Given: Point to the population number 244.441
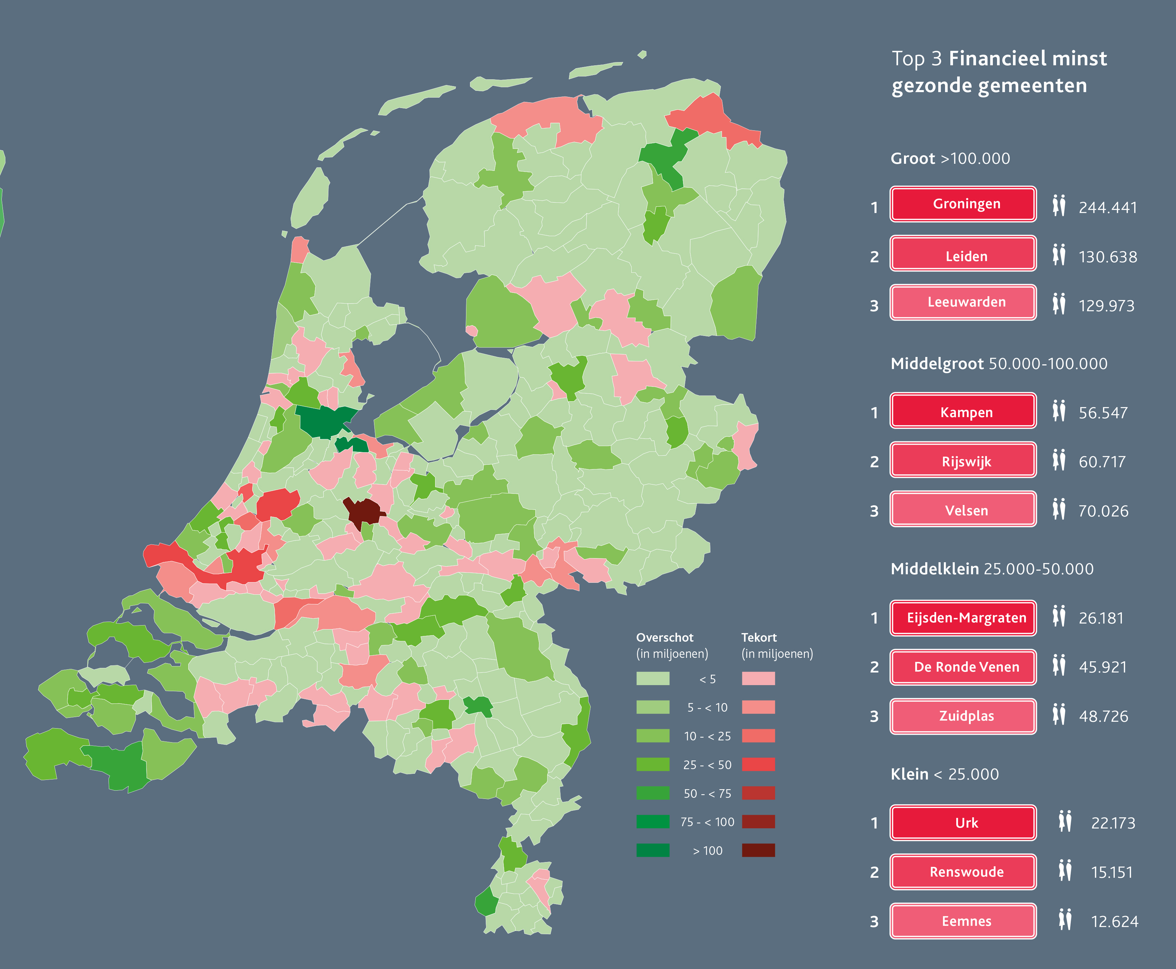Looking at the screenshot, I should (x=1107, y=208).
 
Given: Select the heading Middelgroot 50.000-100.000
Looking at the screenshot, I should (x=999, y=364).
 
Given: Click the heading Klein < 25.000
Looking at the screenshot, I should (x=944, y=774).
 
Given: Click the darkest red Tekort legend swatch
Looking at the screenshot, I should (x=758, y=850).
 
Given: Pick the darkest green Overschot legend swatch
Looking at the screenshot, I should (x=652, y=850).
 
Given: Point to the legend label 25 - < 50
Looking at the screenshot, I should (x=707, y=765).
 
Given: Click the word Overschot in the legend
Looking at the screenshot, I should (x=664, y=637).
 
